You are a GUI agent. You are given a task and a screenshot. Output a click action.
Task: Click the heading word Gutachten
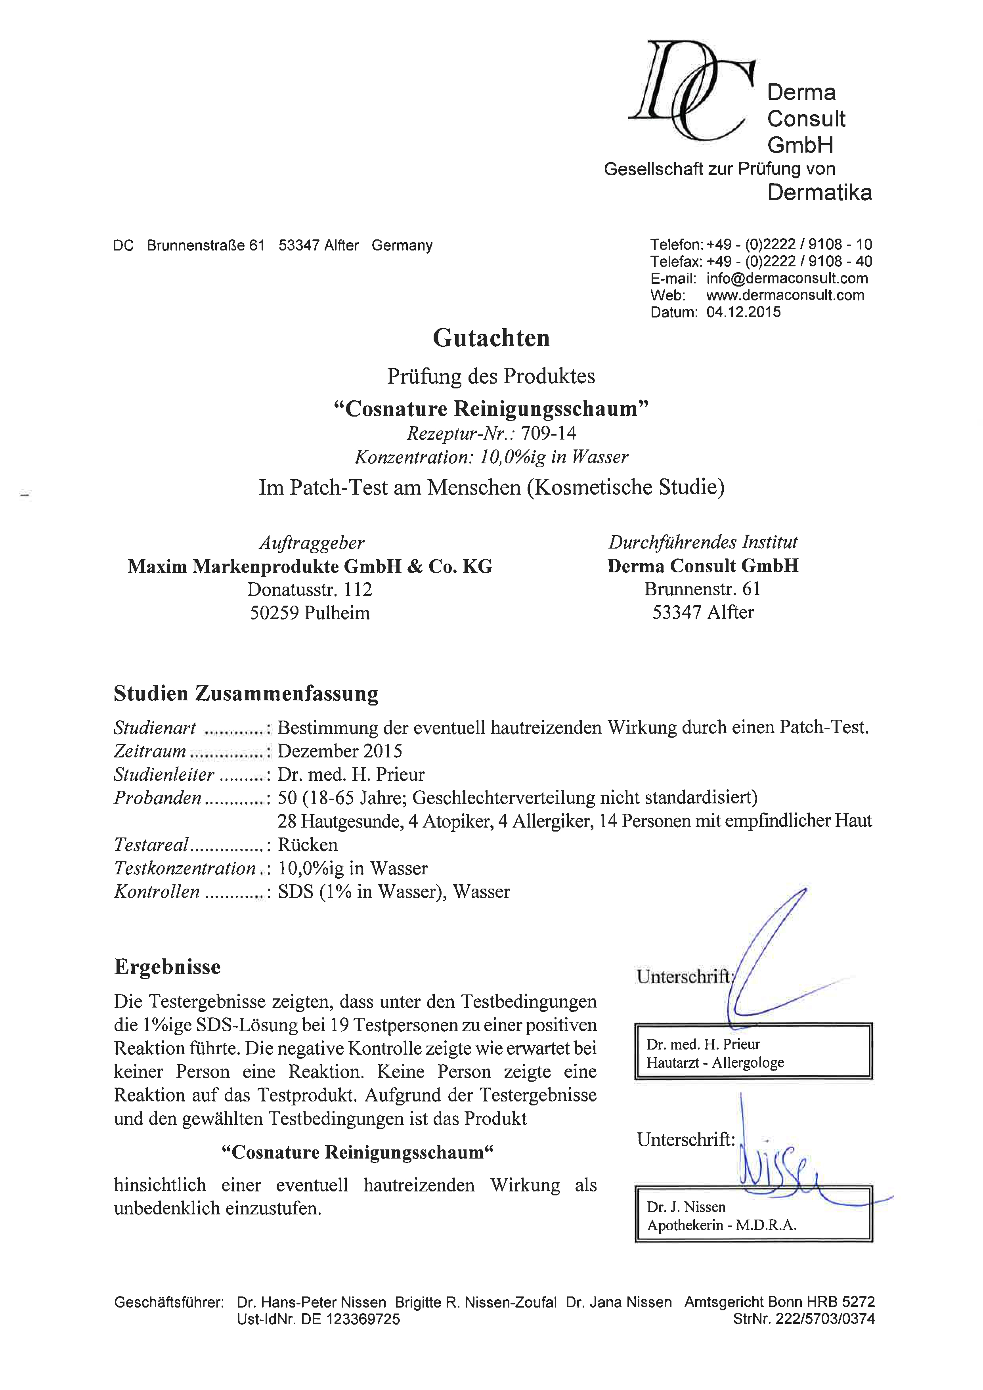[491, 338]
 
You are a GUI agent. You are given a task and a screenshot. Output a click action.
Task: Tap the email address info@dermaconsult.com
[787, 279]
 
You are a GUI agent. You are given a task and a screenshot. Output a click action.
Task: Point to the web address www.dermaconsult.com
[785, 295]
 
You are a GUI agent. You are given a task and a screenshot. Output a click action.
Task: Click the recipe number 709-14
[549, 434]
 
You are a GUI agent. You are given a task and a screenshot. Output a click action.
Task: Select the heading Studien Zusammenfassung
[246, 694]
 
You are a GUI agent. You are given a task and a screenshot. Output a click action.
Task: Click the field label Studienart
[155, 728]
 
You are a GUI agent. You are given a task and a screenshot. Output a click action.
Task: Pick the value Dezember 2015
[340, 751]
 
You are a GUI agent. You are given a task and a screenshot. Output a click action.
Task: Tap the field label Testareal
[151, 845]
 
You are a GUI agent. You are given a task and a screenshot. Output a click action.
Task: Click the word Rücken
[308, 845]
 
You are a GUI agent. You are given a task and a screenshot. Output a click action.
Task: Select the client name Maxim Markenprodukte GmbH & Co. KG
[310, 567]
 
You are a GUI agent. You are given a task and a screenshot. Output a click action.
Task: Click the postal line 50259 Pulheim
[310, 613]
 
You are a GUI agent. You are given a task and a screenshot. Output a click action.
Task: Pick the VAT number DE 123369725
[350, 1319]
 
